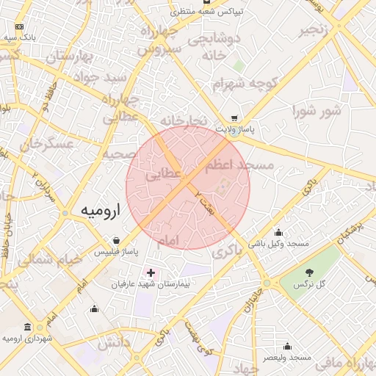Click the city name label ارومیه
pyautogui.click(x=100, y=211)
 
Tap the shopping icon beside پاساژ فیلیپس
pyautogui.click(x=116, y=240)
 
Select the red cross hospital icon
pyautogui.click(x=151, y=272)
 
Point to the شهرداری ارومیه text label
pyautogui.click(x=30, y=338)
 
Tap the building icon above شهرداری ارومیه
pyautogui.click(x=28, y=327)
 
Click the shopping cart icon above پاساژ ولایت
pyautogui.click(x=234, y=117)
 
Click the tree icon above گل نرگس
pyautogui.click(x=308, y=272)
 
